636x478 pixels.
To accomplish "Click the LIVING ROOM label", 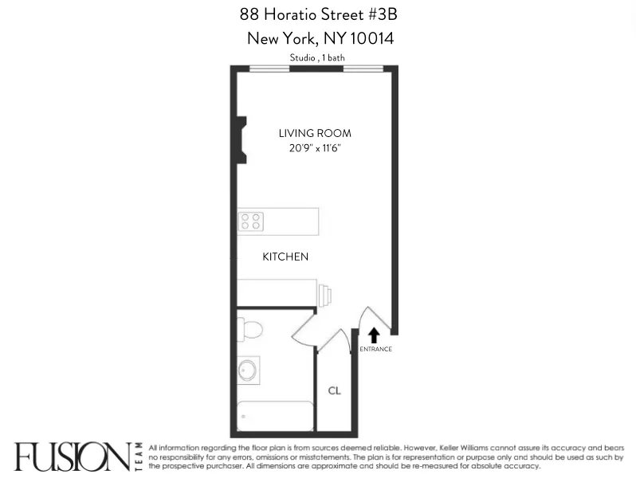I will tap(315, 133).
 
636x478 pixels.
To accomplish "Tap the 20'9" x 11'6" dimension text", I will tap(315, 148).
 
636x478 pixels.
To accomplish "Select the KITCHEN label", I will tap(285, 257).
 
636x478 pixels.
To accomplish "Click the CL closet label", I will tap(335, 390).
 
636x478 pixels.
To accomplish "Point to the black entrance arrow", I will tap(374, 335).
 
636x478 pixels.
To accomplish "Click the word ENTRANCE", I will tap(375, 350).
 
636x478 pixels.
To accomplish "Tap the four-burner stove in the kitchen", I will tap(251, 221).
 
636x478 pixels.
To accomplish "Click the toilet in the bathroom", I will tap(249, 329).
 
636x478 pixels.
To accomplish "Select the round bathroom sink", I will tap(249, 370).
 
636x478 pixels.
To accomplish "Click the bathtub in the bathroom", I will tap(275, 416).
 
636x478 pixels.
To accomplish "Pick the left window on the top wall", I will tap(269, 69).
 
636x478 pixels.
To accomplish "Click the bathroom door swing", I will tap(305, 325).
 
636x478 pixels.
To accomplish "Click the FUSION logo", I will tap(72, 456).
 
